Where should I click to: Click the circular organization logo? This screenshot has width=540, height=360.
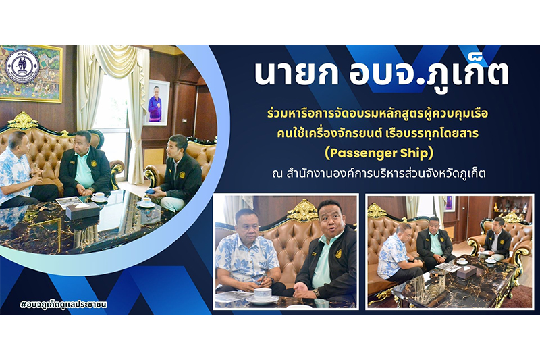coord(22,66)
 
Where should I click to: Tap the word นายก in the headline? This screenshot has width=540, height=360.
coord(296,74)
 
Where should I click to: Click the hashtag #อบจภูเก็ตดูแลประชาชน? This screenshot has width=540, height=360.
coord(64,305)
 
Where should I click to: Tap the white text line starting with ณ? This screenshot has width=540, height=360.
coord(379,174)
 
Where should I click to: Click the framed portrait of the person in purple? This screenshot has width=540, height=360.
coord(157,102)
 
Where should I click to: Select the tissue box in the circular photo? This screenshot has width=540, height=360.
coord(82,211)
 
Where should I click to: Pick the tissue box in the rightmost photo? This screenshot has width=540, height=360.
coord(466,272)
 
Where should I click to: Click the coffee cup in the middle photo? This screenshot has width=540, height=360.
coord(263,294)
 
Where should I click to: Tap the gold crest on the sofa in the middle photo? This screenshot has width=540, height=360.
coord(302,210)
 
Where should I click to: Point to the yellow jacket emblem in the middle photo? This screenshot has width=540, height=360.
coord(339,254)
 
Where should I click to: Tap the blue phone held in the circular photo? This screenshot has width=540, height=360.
coord(150,190)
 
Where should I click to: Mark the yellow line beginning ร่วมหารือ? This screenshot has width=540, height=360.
coord(378,113)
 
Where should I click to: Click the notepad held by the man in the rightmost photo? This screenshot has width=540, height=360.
coord(485,253)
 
